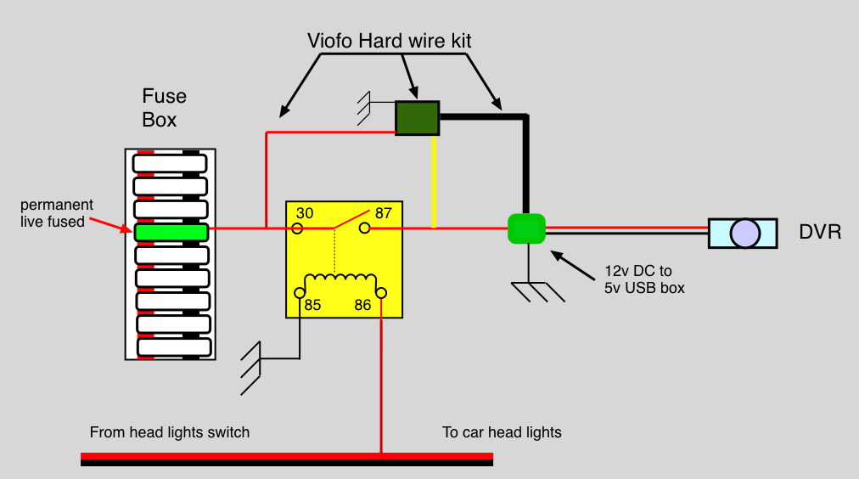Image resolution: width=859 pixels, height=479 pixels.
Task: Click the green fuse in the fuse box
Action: pyautogui.click(x=171, y=232)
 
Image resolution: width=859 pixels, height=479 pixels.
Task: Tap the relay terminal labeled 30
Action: pyautogui.click(x=297, y=228)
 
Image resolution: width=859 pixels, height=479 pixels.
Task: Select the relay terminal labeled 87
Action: pyautogui.click(x=364, y=228)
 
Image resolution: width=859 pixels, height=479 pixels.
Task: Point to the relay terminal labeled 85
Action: pyautogui.click(x=300, y=293)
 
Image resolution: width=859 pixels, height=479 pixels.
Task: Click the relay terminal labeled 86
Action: pyautogui.click(x=381, y=293)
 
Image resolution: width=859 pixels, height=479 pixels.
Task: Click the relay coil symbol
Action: pyautogui.click(x=340, y=280)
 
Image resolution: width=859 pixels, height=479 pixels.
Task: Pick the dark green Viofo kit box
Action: pyautogui.click(x=417, y=118)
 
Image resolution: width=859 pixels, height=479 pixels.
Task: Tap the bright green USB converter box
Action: pyautogui.click(x=527, y=228)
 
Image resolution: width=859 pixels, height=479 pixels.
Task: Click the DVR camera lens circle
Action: pyautogui.click(x=744, y=233)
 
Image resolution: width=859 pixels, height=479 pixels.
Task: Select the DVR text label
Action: pyautogui.click(x=820, y=232)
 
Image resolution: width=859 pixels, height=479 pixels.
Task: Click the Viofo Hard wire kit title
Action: pyautogui.click(x=390, y=41)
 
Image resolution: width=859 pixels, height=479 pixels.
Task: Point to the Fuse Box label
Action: pyautogui.click(x=163, y=108)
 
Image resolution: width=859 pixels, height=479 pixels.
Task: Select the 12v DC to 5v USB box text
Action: pyautogui.click(x=644, y=279)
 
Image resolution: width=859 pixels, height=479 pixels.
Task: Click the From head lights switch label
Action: pyautogui.click(x=170, y=432)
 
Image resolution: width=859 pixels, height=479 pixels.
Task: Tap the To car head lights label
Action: pyautogui.click(x=502, y=432)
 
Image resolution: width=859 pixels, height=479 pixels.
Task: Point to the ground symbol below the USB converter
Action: pyautogui.click(x=536, y=290)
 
